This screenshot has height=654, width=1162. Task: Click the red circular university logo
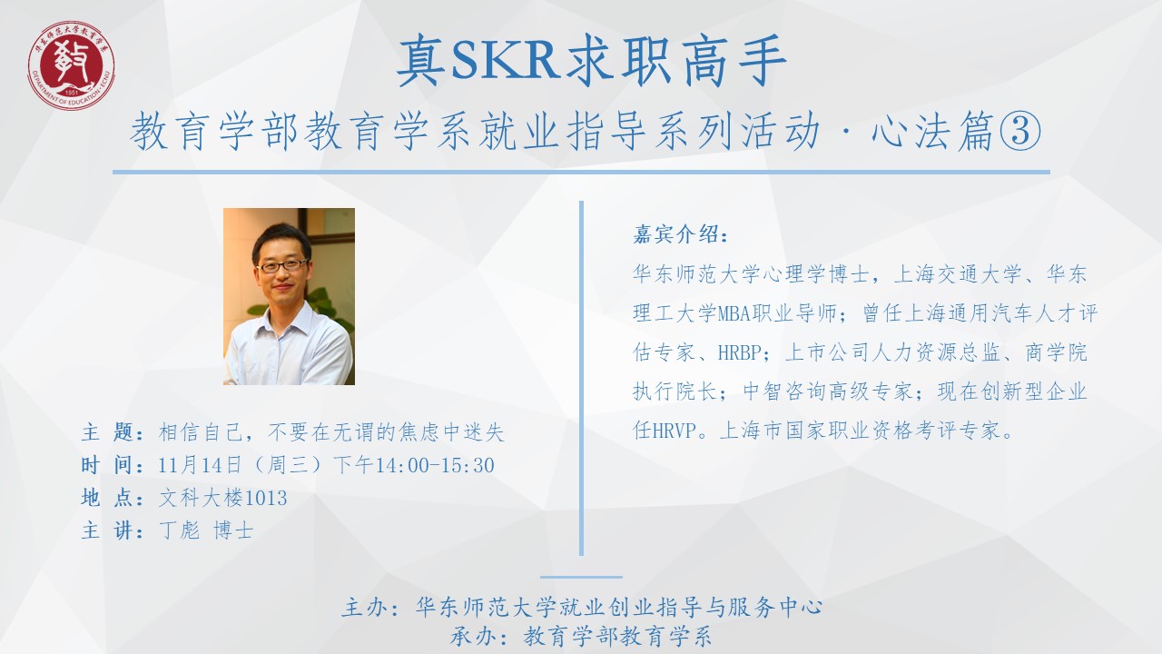click(71, 66)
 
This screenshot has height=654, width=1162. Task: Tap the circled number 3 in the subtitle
click(1019, 132)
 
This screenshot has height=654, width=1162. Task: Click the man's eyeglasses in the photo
click(282, 266)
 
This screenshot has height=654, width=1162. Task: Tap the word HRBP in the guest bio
click(740, 352)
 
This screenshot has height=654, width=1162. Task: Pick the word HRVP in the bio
click(675, 431)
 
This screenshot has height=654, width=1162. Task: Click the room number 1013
click(265, 499)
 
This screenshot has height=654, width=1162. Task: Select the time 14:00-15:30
click(435, 465)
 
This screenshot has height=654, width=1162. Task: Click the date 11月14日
click(200, 465)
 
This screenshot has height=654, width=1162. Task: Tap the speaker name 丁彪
click(179, 530)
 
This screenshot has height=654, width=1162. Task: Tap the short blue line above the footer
click(581, 577)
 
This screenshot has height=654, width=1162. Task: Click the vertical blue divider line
click(581, 378)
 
